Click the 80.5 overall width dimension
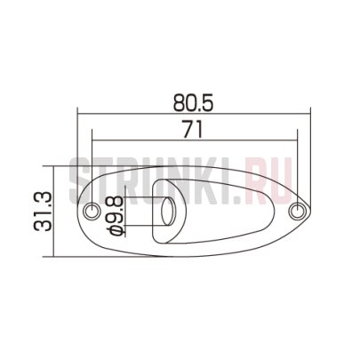click(193, 103)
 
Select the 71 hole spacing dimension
click(193, 129)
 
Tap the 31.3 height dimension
click(44, 212)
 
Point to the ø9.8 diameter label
click(116, 215)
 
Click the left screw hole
click(92, 211)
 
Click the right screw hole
click(297, 212)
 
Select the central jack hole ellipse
click(168, 212)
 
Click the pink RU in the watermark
click(268, 180)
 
